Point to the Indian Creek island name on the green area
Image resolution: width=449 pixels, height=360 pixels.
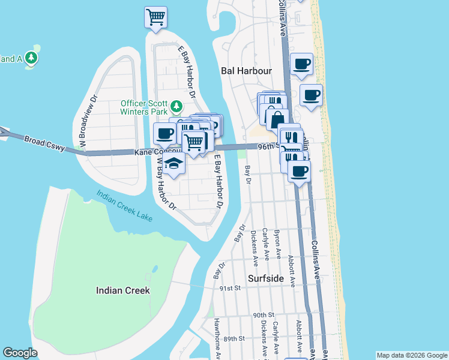[x=122, y=290]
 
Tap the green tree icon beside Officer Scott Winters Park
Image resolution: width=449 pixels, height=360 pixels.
[x=176, y=107]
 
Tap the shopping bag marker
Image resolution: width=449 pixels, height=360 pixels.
[x=277, y=119]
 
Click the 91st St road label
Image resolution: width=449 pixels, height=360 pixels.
[x=229, y=288]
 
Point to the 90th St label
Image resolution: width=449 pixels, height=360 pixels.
[x=263, y=315]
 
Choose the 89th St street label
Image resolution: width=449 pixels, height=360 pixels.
[x=234, y=338]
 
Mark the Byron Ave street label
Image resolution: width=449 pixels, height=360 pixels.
[x=277, y=243]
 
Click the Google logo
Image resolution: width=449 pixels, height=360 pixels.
[x=20, y=353]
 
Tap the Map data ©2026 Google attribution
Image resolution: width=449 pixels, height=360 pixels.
[x=412, y=355]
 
